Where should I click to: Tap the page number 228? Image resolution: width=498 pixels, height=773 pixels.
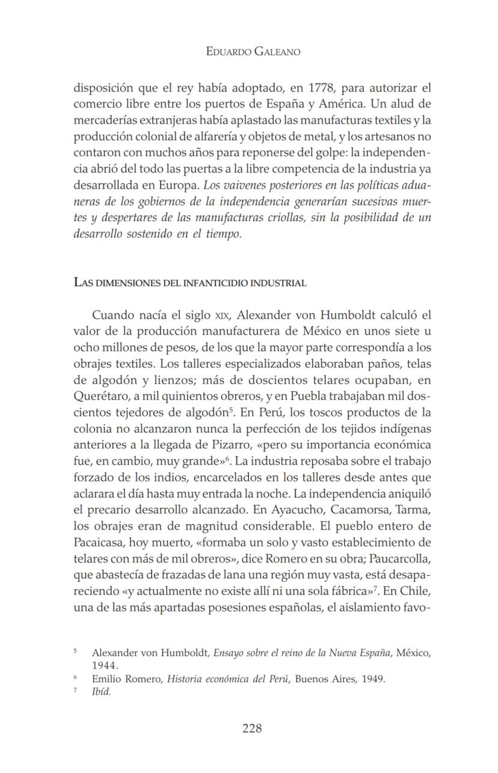point(252,729)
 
